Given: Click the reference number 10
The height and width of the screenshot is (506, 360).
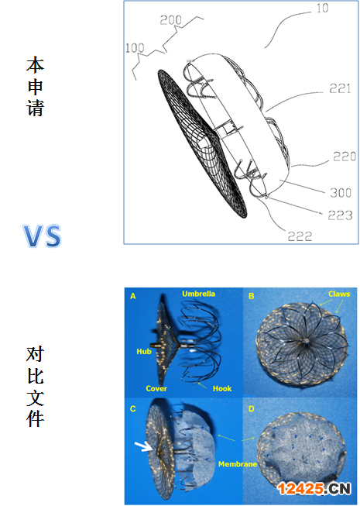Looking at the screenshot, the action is (x=322, y=8).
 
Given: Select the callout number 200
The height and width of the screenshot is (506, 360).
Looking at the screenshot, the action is (x=171, y=20).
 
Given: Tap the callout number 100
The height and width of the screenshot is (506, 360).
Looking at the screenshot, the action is (x=135, y=48).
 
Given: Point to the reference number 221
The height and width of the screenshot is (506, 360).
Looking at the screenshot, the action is (x=340, y=88).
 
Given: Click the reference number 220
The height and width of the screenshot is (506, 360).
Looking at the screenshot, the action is (x=345, y=157).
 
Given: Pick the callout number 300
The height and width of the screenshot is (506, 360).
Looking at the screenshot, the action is (x=341, y=193).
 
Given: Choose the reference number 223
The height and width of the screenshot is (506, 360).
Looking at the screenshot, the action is (x=341, y=215).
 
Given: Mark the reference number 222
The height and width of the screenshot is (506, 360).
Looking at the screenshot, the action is (x=300, y=236).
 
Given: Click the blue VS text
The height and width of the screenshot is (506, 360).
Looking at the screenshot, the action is (x=43, y=236).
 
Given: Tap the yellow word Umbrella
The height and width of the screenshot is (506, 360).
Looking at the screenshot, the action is (x=198, y=294).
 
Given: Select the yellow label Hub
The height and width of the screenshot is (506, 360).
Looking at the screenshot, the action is (x=144, y=352).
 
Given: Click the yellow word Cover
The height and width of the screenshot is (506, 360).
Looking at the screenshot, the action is (x=156, y=388).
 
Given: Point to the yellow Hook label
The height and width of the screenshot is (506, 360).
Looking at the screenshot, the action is (x=222, y=388).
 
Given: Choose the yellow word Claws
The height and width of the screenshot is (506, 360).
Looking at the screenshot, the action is (x=339, y=294).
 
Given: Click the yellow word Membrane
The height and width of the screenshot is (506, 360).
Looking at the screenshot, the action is (x=238, y=464).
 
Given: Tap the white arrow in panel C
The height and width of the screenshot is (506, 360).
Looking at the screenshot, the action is (x=143, y=446).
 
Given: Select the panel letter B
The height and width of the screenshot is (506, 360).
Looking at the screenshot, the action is (x=252, y=296).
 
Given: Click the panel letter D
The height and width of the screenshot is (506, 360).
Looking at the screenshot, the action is (x=252, y=409).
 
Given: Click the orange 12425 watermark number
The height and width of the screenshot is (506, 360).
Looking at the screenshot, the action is (x=300, y=489).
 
